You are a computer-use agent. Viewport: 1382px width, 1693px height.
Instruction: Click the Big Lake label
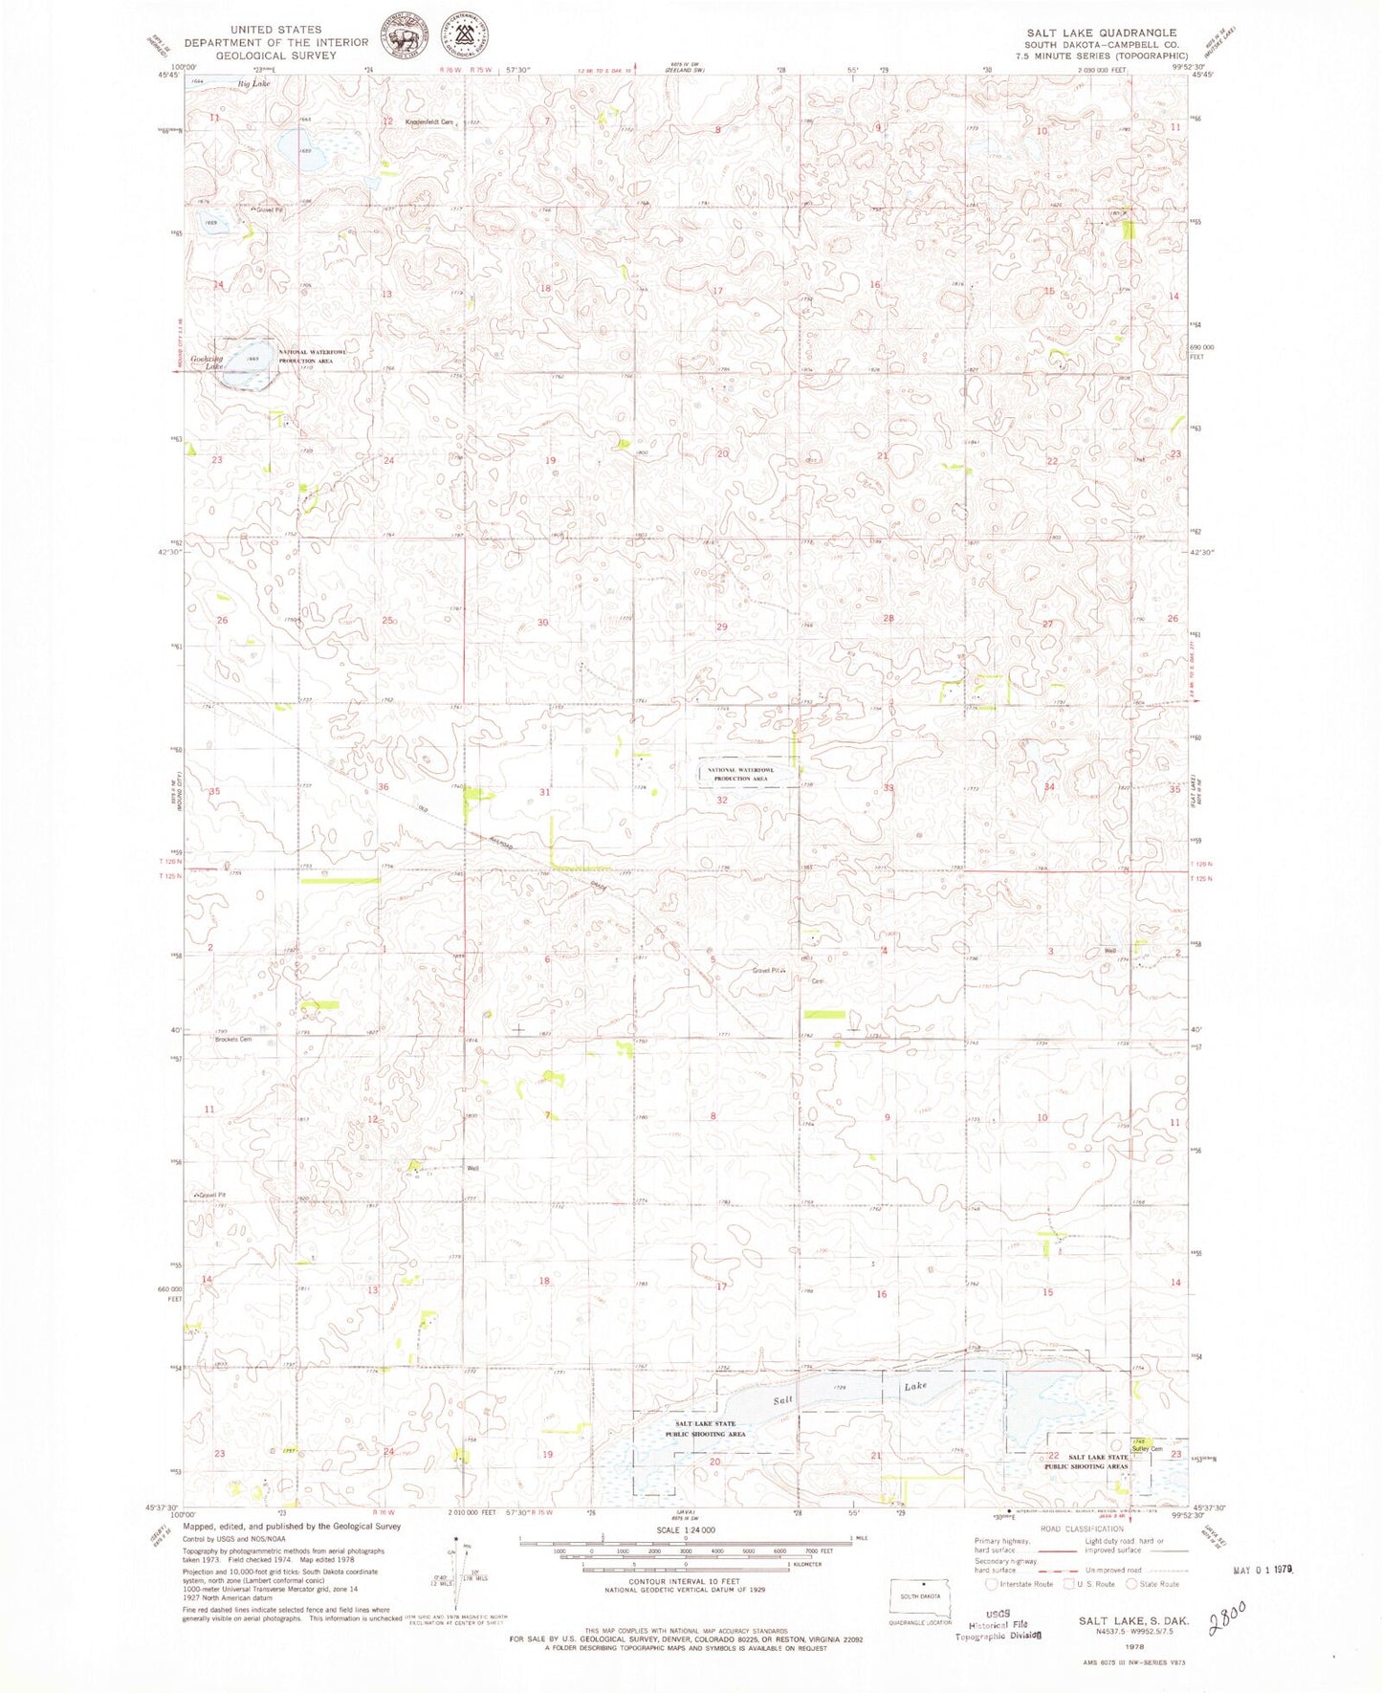click(254, 84)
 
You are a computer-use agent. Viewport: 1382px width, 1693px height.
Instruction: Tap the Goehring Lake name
click(207, 363)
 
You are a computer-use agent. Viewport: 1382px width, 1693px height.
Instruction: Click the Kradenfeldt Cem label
click(428, 121)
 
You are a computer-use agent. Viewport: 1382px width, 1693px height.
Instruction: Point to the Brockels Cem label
click(232, 1039)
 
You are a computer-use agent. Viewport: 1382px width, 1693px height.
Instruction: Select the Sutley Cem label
click(1147, 1448)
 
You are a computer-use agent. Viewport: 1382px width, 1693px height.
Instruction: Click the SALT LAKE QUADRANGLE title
click(1100, 33)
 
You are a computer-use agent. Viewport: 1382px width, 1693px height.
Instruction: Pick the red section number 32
click(722, 800)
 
